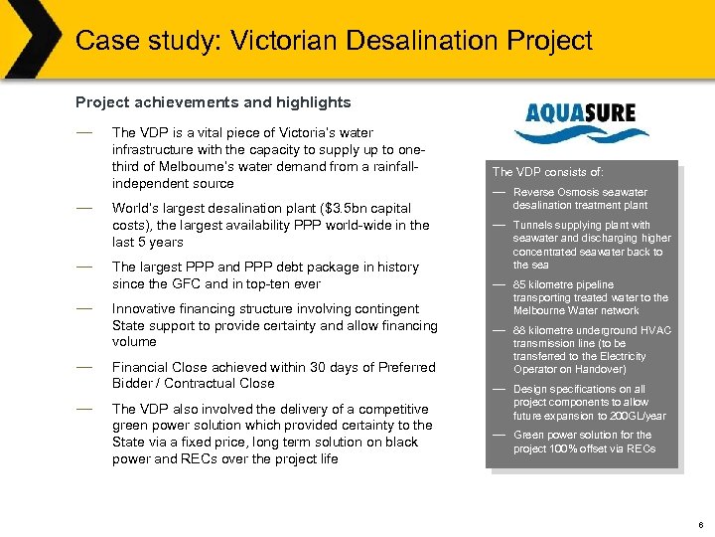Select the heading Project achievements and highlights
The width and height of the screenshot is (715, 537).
tap(214, 101)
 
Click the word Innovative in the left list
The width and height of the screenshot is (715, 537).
tap(146, 308)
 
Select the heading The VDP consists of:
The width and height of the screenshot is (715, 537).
tap(548, 171)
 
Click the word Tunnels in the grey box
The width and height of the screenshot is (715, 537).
tap(532, 225)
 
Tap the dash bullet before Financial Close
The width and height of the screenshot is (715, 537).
tap(84, 366)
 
